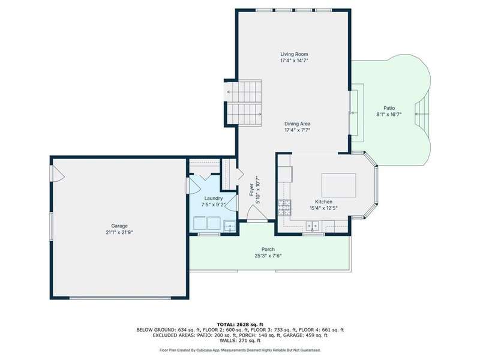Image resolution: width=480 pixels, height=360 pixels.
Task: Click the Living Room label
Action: [294, 54]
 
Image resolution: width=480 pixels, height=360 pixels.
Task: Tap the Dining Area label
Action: [297, 124]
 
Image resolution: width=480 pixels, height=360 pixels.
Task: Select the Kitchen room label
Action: [323, 202]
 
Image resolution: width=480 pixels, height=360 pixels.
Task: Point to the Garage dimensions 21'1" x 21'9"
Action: [119, 232]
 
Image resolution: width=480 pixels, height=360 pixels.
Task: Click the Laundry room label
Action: [214, 199]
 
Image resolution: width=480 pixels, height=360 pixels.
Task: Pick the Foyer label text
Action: [251, 190]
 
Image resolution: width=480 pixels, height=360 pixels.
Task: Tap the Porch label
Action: [268, 250]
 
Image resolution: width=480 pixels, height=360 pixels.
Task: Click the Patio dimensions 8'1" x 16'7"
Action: [389, 114]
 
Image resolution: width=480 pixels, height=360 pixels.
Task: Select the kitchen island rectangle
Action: [338, 185]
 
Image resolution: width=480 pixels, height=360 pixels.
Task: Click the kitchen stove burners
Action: [284, 208]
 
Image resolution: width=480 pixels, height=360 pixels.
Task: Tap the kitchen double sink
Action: [312, 226]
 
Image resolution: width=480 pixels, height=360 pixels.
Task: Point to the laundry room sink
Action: [229, 226]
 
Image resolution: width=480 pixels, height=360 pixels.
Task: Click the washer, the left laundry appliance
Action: [200, 223]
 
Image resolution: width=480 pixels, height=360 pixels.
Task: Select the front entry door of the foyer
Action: [257, 213]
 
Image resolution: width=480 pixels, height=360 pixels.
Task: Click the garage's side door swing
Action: [58, 175]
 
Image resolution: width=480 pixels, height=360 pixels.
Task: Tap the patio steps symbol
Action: [422, 114]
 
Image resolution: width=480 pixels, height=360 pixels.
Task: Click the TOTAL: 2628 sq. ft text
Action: [240, 325]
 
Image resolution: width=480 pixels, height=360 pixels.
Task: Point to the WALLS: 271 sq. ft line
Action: [240, 340]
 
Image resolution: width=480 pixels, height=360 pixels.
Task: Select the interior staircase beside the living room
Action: [244, 103]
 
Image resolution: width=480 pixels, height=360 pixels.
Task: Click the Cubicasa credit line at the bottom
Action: [240, 350]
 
